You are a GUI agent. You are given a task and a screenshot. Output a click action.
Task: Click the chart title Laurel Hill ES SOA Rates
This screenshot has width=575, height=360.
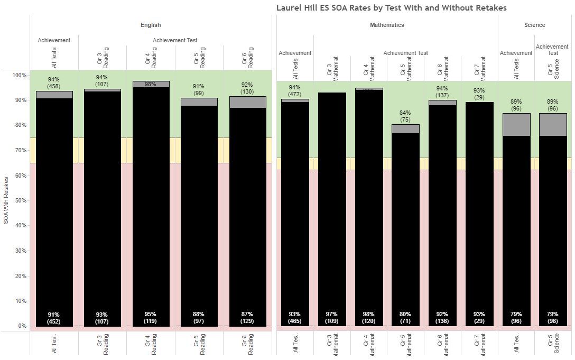[391, 8]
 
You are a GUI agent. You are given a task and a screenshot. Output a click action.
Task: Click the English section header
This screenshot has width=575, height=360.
[151, 25]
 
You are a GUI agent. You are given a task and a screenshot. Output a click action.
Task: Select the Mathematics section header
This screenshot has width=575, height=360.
[387, 25]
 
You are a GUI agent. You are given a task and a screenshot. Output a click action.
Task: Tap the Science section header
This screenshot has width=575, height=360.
[534, 25]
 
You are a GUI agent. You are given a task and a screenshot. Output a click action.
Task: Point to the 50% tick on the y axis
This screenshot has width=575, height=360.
[20, 200]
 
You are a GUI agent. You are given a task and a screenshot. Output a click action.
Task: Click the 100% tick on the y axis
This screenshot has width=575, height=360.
[19, 75]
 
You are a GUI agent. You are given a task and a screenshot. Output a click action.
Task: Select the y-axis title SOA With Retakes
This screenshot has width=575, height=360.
[6, 200]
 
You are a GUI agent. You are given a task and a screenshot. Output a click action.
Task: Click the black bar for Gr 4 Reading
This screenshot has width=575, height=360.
[151, 206]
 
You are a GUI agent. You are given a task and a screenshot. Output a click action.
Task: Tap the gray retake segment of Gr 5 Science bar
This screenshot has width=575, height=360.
[553, 125]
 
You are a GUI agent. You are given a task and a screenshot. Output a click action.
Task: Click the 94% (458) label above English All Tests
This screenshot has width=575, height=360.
[54, 82]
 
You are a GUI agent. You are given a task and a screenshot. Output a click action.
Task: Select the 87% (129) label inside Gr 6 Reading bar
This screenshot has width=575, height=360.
[248, 318]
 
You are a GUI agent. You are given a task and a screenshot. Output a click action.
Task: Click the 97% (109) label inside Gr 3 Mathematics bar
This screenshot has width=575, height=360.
[332, 318]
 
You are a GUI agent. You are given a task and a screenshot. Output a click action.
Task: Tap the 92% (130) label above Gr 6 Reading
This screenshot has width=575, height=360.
[248, 87]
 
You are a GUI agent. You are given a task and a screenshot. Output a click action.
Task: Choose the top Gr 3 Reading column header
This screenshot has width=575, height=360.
[102, 58]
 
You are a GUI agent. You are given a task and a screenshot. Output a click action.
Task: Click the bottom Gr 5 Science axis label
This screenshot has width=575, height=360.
[553, 344]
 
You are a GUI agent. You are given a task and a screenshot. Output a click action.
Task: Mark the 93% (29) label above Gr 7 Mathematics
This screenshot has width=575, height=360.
[479, 94]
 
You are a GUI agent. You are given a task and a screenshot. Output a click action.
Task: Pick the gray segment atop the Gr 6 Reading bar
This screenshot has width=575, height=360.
[248, 102]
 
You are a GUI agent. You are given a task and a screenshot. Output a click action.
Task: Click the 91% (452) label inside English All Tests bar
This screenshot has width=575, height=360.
[54, 318]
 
